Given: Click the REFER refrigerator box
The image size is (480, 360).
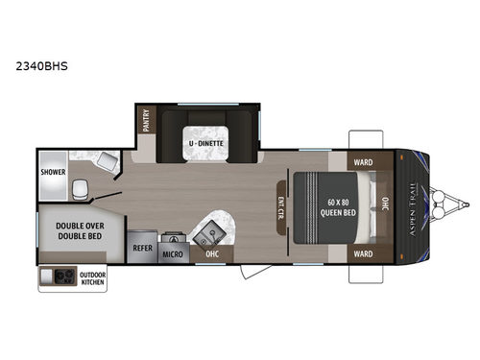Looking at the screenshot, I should coord(141,246).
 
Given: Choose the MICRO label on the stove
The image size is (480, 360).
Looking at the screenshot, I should coord(173,253).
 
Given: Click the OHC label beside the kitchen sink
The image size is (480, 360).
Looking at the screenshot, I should coord(212,254).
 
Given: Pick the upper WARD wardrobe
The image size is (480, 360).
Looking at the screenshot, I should coord(362,160).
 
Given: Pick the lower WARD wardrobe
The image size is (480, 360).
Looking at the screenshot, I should coord(362,253).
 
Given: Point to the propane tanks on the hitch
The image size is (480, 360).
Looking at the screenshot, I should coord(447,203).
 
